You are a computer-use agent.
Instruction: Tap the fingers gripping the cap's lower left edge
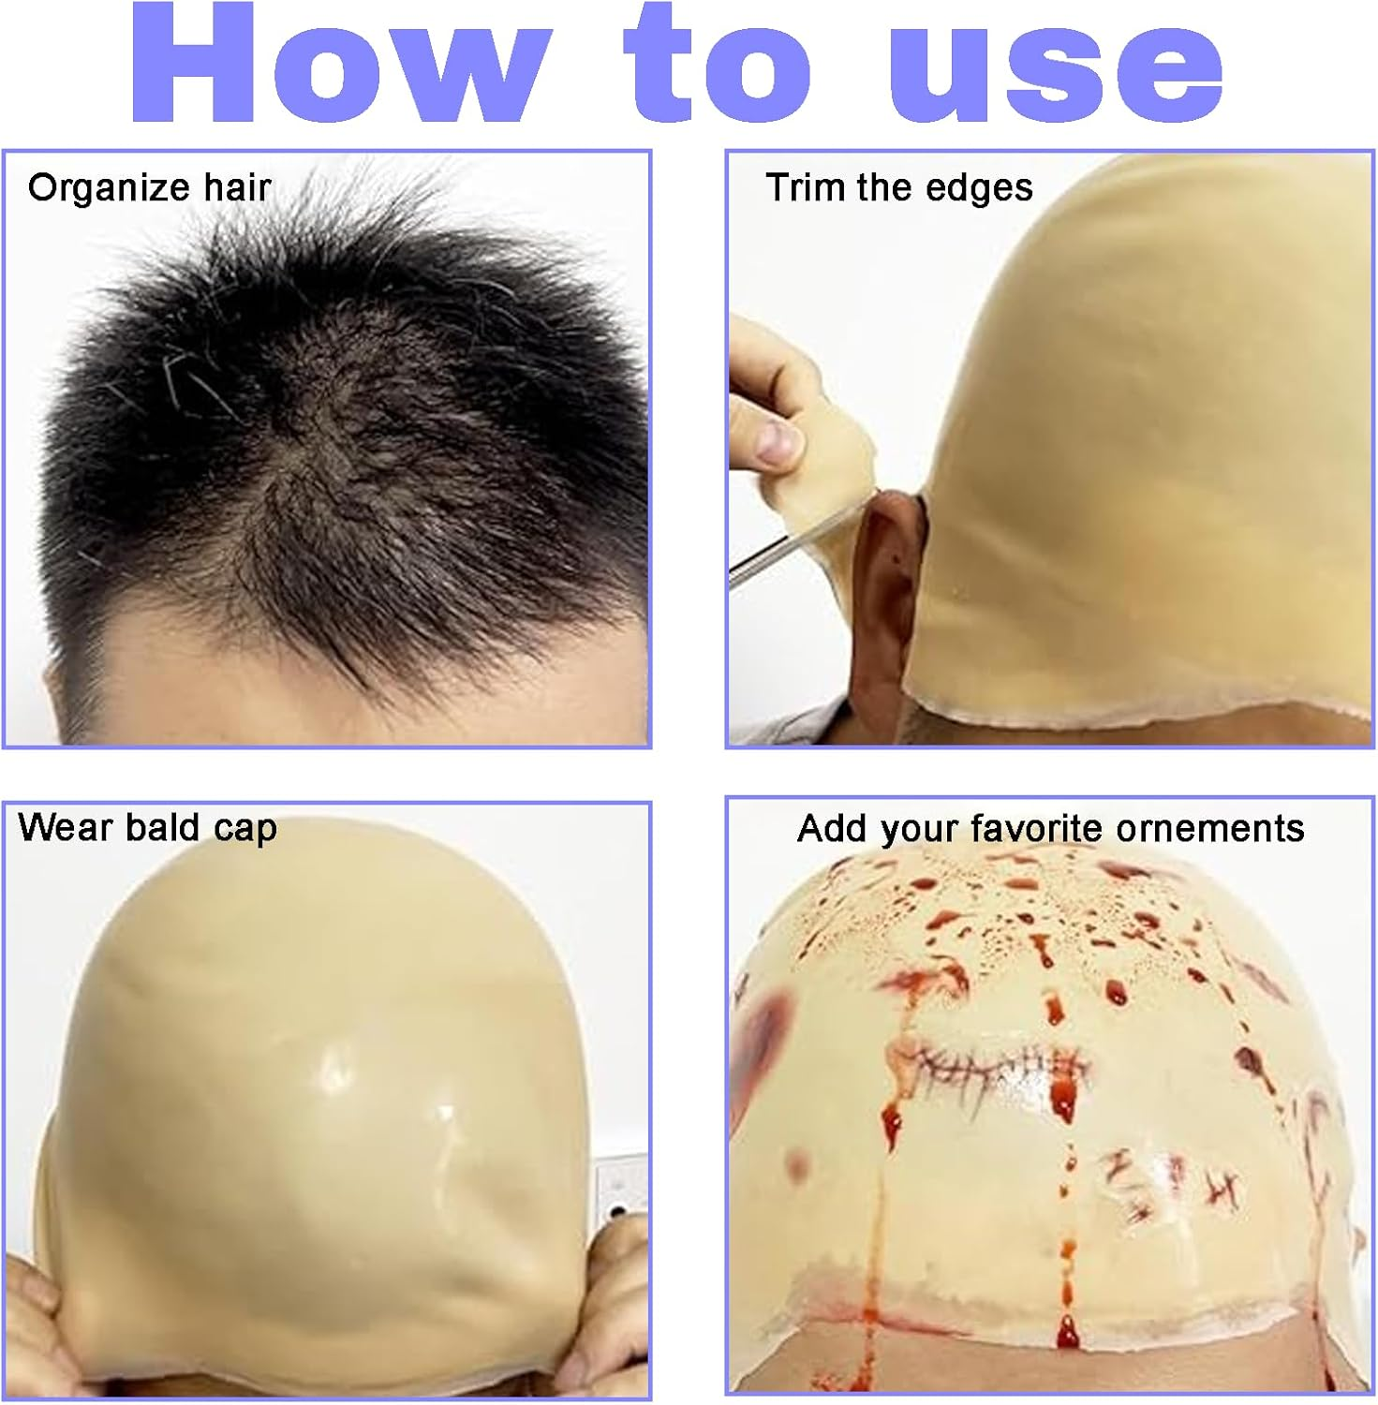pos(37,1311)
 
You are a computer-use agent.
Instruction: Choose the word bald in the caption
pos(162,828)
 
